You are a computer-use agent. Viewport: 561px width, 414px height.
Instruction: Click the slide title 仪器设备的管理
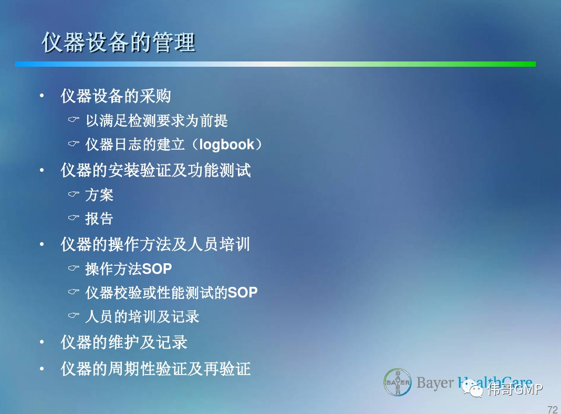coord(118,42)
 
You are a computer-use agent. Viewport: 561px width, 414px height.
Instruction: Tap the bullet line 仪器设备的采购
coord(116,96)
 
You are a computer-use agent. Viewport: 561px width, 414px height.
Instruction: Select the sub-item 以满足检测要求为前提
coord(157,121)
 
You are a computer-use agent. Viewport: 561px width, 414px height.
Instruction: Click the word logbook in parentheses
coord(226,144)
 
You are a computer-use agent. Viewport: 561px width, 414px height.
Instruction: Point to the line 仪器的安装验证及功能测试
coord(155,170)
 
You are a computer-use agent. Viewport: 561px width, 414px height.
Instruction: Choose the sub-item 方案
coord(99,195)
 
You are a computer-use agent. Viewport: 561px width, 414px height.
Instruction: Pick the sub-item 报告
coord(99,219)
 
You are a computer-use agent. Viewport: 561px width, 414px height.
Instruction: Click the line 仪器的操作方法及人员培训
coord(155,244)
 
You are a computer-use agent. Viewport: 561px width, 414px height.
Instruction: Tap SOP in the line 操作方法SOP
coord(157,268)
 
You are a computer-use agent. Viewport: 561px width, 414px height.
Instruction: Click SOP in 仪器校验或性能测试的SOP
coord(243,293)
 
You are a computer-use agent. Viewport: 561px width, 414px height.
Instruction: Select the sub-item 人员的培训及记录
coord(142,317)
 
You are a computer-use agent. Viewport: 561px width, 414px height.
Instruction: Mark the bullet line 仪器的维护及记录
coord(124,343)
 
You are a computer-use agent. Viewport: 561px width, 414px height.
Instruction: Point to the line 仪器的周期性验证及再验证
coord(155,369)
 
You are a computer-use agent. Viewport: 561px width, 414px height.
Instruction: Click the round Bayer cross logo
coord(398,382)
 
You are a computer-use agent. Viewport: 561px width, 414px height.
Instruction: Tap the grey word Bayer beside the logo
coord(435,383)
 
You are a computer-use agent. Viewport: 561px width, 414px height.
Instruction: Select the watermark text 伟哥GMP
coord(515,389)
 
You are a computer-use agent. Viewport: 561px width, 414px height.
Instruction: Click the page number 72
coord(553,409)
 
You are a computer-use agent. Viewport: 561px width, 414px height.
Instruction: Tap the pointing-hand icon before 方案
coord(74,194)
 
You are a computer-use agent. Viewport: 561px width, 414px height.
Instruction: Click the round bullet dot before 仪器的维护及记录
coord(42,342)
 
